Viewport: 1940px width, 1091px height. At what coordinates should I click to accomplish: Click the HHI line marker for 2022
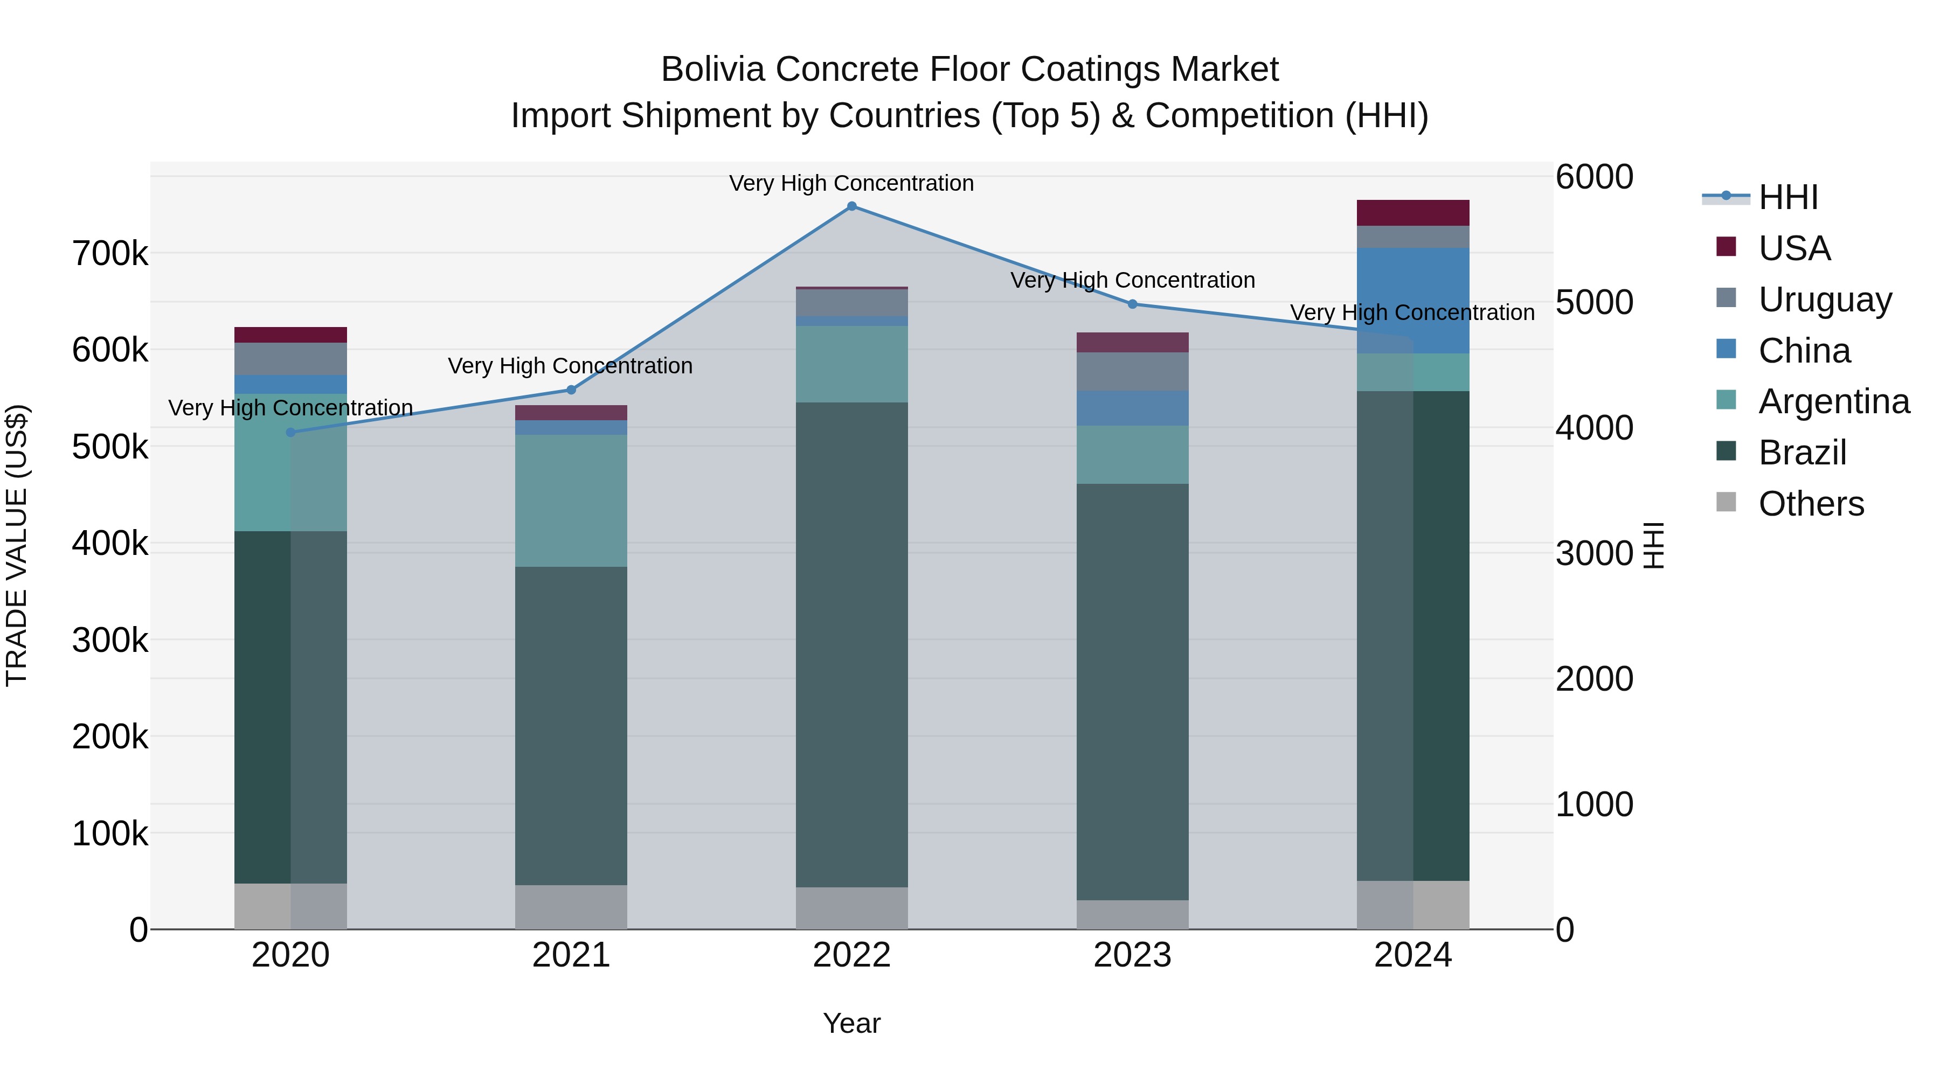tap(852, 206)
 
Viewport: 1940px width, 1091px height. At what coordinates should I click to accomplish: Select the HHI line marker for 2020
tap(290, 432)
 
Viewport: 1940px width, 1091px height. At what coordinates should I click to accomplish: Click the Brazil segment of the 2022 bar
tap(852, 644)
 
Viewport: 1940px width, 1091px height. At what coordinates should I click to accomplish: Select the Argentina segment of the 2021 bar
tap(571, 500)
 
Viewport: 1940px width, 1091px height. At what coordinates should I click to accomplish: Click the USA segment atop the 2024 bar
tap(1413, 213)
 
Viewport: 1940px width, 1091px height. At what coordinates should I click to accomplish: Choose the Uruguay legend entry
tap(1824, 299)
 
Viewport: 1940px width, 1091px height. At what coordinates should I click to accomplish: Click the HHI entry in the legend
tap(1788, 197)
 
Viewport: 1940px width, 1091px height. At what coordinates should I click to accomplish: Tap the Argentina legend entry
tap(1833, 401)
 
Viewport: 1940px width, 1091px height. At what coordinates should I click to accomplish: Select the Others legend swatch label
tap(1811, 504)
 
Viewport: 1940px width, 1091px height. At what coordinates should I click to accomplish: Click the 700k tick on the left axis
tap(110, 254)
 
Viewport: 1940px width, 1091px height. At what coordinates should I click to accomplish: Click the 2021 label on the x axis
tap(571, 955)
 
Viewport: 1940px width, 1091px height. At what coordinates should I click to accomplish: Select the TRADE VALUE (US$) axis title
tap(17, 545)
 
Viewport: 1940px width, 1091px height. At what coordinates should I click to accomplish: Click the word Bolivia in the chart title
tap(713, 70)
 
